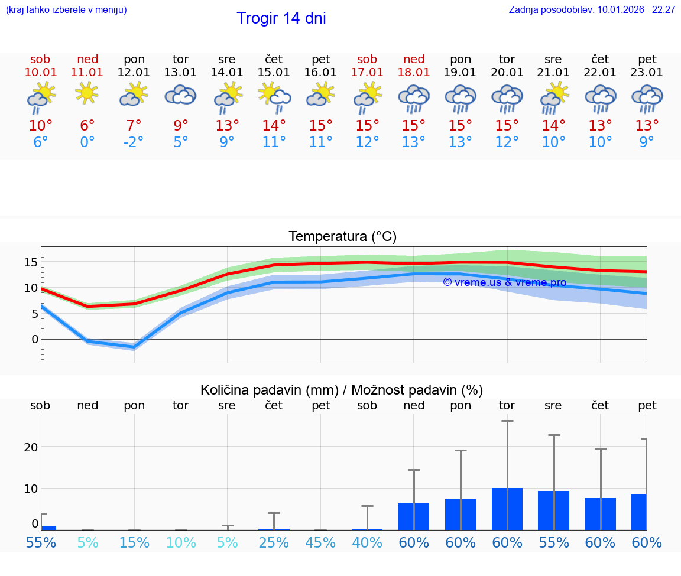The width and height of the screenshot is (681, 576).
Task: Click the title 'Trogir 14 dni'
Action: (x=281, y=19)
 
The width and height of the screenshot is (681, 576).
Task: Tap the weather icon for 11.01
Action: (x=87, y=93)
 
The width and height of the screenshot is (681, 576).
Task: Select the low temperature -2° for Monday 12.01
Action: (x=134, y=142)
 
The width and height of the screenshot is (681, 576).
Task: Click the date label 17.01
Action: (x=367, y=73)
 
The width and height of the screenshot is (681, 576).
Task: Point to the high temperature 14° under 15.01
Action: (x=274, y=126)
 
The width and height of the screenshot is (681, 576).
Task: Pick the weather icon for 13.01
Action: (x=180, y=95)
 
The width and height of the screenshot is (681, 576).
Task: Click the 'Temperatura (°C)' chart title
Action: (x=342, y=237)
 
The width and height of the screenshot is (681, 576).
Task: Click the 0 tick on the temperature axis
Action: (x=35, y=339)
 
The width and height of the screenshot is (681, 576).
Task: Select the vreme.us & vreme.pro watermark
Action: (x=504, y=282)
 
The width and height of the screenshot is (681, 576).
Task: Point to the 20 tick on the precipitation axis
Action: (x=31, y=447)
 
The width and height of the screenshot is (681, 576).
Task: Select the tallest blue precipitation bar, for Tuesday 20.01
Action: (x=507, y=509)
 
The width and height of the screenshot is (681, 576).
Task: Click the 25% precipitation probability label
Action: (x=274, y=542)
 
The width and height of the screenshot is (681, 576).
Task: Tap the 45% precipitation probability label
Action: (x=320, y=542)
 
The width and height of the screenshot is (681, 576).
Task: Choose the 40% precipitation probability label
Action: (x=367, y=542)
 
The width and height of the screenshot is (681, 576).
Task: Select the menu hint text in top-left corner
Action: (x=66, y=10)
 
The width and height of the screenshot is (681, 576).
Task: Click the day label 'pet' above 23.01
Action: (x=647, y=60)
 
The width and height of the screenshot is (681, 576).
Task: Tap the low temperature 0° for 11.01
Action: (x=87, y=142)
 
